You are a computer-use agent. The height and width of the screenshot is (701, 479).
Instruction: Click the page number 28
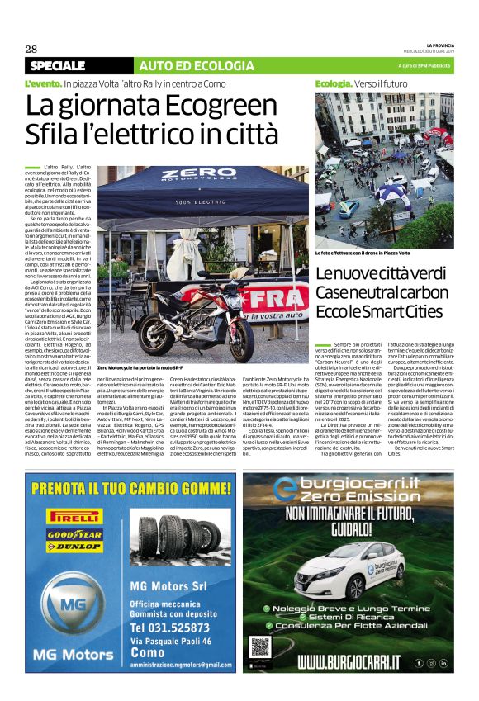[31, 48]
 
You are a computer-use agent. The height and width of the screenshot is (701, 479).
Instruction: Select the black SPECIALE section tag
[57, 65]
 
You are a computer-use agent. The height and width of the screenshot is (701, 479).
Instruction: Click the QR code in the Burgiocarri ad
[261, 648]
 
